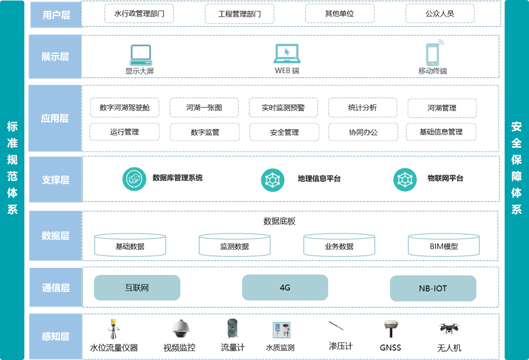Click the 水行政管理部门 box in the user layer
pos(139,13)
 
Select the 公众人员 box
pos(440,13)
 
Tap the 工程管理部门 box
pos(239,13)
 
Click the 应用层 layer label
pos(55,118)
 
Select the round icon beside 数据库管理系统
pos(134,179)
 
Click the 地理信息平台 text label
pos(319,179)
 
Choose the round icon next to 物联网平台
pos(404,179)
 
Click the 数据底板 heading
pos(279,221)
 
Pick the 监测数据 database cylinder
pos(234,245)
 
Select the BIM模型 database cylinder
pos(444,245)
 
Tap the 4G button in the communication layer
pos(285,287)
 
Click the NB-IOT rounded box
pos(433,288)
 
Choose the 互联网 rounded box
pos(137,287)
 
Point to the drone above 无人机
pos(449,328)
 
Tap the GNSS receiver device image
pos(391,328)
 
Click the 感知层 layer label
pos(55,336)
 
